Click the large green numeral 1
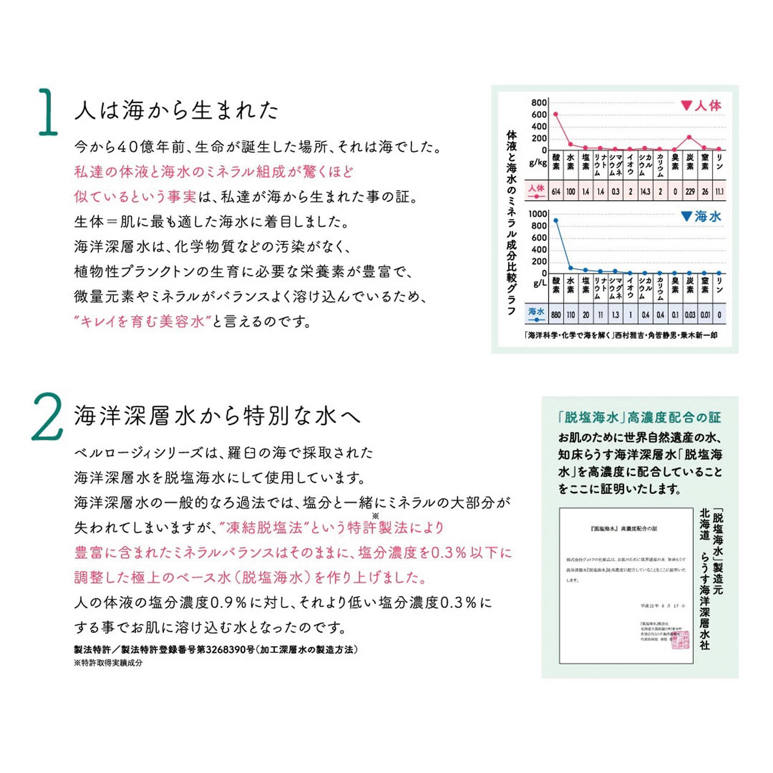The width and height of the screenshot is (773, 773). pyautogui.click(x=48, y=112)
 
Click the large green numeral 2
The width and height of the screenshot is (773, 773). pyautogui.click(x=47, y=417)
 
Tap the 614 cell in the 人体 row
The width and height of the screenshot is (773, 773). pyautogui.click(x=556, y=192)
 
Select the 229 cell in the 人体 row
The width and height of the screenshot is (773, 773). pyautogui.click(x=690, y=192)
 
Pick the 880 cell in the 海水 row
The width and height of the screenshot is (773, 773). pyautogui.click(x=556, y=314)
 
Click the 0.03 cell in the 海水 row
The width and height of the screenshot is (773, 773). pyautogui.click(x=690, y=314)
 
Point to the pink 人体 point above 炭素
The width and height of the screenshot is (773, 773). pyautogui.click(x=690, y=137)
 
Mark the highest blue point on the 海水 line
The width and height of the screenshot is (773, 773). pyautogui.click(x=556, y=221)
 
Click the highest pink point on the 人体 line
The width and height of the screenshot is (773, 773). pyautogui.click(x=556, y=114)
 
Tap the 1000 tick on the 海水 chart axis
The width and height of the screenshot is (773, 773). pyautogui.click(x=537, y=214)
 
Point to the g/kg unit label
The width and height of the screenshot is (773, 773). pyautogui.click(x=538, y=163)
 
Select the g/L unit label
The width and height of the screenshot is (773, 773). pyautogui.click(x=540, y=283)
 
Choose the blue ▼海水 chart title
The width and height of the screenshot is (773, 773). pyautogui.click(x=701, y=216)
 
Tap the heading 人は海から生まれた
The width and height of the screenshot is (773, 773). pyautogui.click(x=176, y=110)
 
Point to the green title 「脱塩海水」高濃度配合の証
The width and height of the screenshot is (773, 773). pyautogui.click(x=640, y=417)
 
